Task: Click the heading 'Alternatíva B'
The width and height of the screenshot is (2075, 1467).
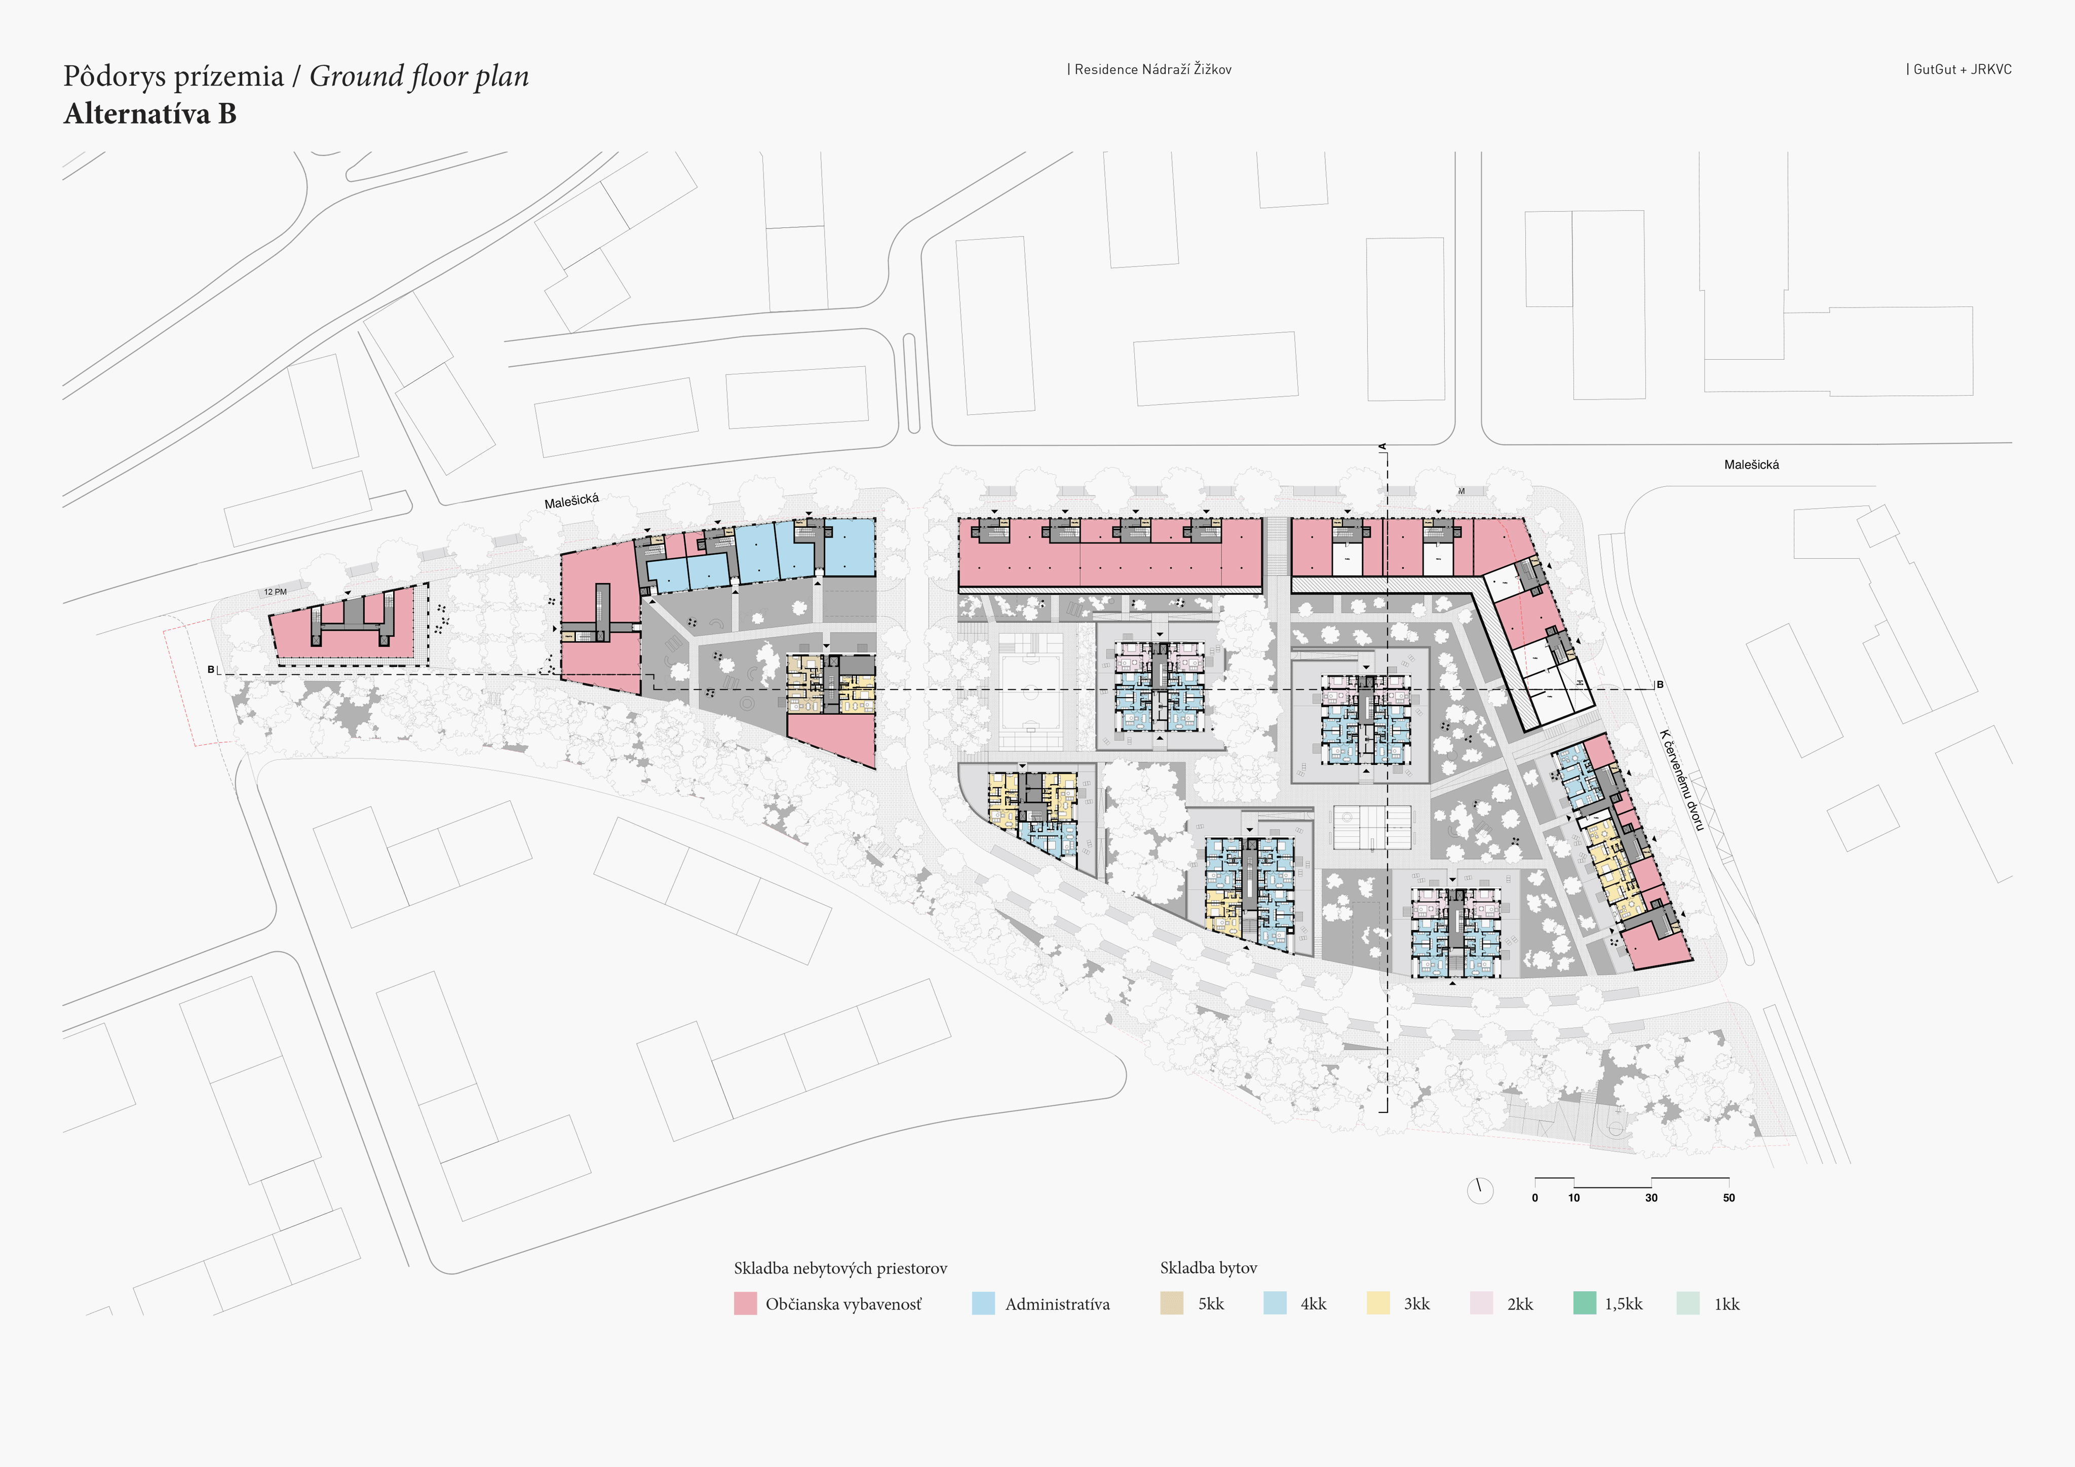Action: [150, 114]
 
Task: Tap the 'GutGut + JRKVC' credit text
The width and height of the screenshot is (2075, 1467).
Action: [1961, 69]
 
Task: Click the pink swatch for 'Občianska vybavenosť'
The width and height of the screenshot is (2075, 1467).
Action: [745, 1303]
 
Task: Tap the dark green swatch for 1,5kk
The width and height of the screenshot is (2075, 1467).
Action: [1584, 1303]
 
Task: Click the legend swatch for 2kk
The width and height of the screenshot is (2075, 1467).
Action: [1481, 1303]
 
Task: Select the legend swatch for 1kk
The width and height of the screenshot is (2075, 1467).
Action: [1687, 1303]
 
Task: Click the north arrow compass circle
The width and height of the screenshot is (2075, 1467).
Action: [1479, 1190]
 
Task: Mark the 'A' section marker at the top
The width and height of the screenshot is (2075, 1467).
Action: [1382, 446]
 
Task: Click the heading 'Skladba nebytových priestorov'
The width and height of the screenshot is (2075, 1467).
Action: [840, 1268]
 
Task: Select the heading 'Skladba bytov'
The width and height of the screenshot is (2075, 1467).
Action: [1208, 1268]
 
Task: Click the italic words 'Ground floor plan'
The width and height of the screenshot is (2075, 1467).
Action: [419, 77]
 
